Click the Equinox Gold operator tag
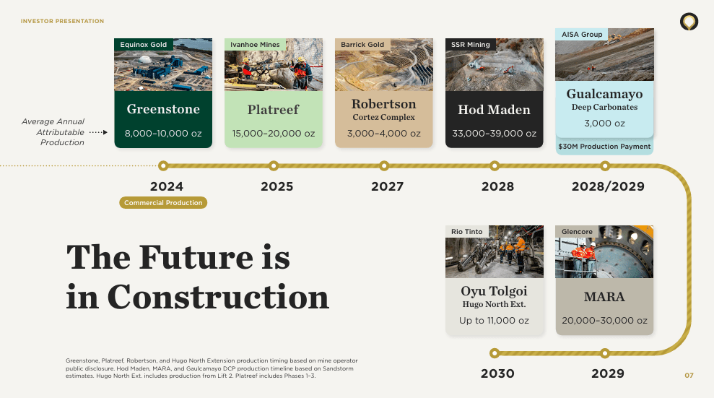tap(144, 45)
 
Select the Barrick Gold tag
tap(362, 45)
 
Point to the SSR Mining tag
tap(471, 45)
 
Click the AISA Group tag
tap(582, 35)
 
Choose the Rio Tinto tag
tap(467, 232)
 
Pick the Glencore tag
tap(577, 232)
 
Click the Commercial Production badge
tap(163, 203)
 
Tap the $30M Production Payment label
tap(604, 147)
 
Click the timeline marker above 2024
tap(163, 165)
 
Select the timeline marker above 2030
tap(495, 353)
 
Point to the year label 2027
tap(388, 186)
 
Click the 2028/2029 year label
tap(608, 186)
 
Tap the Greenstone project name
tap(163, 110)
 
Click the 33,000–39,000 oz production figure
tap(495, 134)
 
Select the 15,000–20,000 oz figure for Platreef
tap(274, 134)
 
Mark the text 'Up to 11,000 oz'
tap(495, 321)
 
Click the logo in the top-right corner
tap(689, 22)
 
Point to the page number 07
tap(689, 375)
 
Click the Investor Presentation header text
tap(62, 22)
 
